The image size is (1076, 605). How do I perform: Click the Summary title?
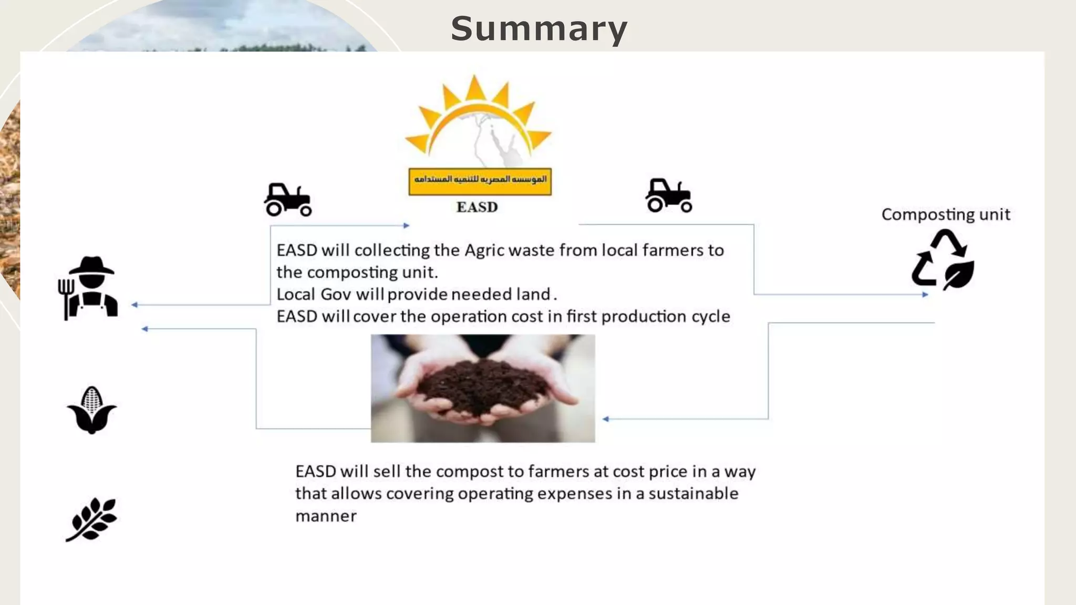pyautogui.click(x=539, y=29)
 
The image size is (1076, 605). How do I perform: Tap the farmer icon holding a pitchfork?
pyautogui.click(x=89, y=288)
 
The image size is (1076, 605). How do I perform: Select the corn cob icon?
pyautogui.click(x=92, y=410)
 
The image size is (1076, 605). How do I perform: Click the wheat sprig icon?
pyautogui.click(x=92, y=519)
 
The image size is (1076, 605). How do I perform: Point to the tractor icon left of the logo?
pyautogui.click(x=287, y=200)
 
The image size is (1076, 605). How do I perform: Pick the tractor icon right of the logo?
pyautogui.click(x=668, y=195)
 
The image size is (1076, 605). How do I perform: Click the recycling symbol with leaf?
pyautogui.click(x=943, y=260)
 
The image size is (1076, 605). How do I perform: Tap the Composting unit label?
pyautogui.click(x=946, y=214)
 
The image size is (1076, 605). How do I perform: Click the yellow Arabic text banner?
pyautogui.click(x=480, y=181)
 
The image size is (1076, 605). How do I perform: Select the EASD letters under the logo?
pyautogui.click(x=477, y=207)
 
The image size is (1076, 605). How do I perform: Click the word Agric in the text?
pyautogui.click(x=484, y=251)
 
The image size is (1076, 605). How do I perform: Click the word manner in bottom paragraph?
pyautogui.click(x=326, y=516)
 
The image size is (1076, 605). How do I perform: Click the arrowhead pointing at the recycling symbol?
pyautogui.click(x=925, y=295)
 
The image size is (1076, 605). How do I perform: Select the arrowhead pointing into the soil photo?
pyautogui.click(x=606, y=419)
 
